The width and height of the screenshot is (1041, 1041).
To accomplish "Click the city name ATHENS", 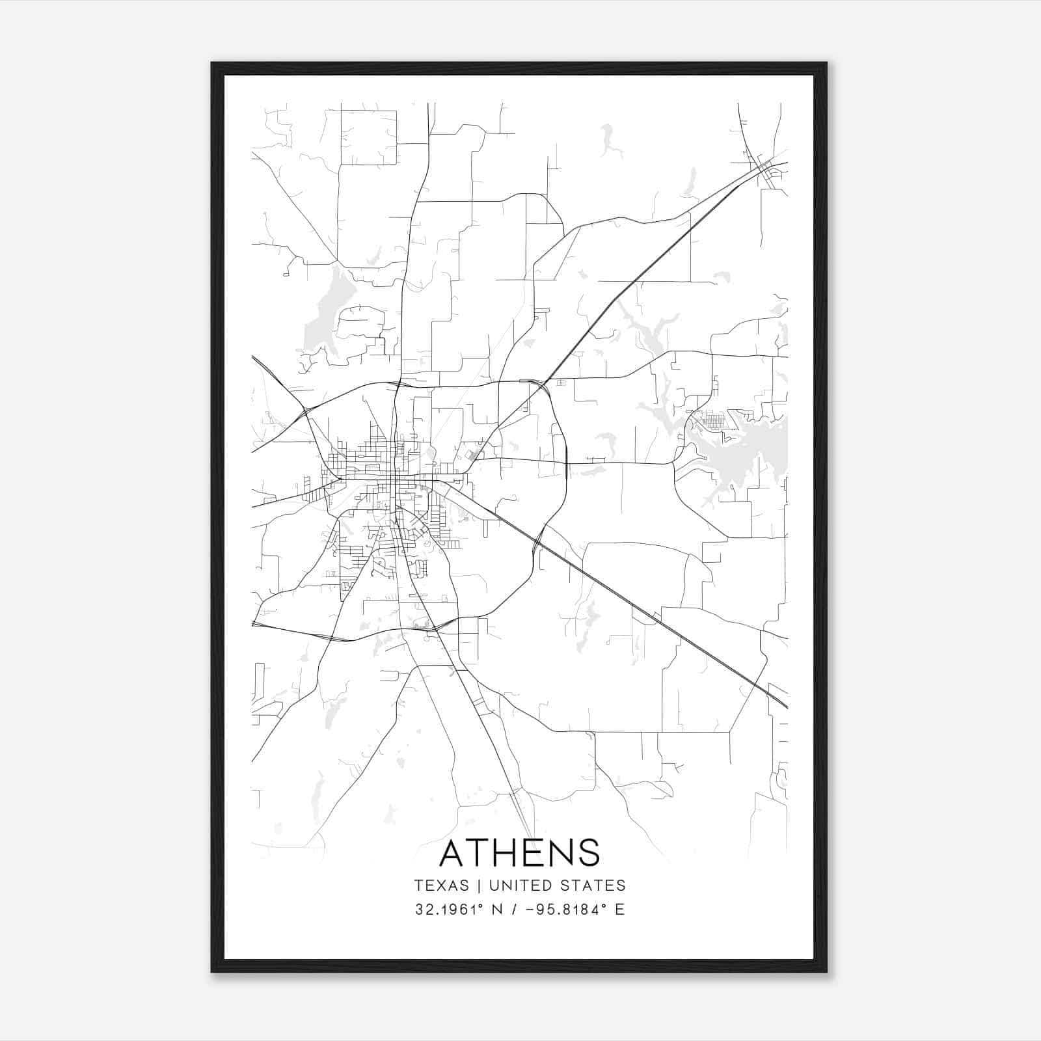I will [519, 852].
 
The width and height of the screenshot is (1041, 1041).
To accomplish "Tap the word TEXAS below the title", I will [441, 886].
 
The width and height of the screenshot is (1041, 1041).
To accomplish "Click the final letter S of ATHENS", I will [588, 852].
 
